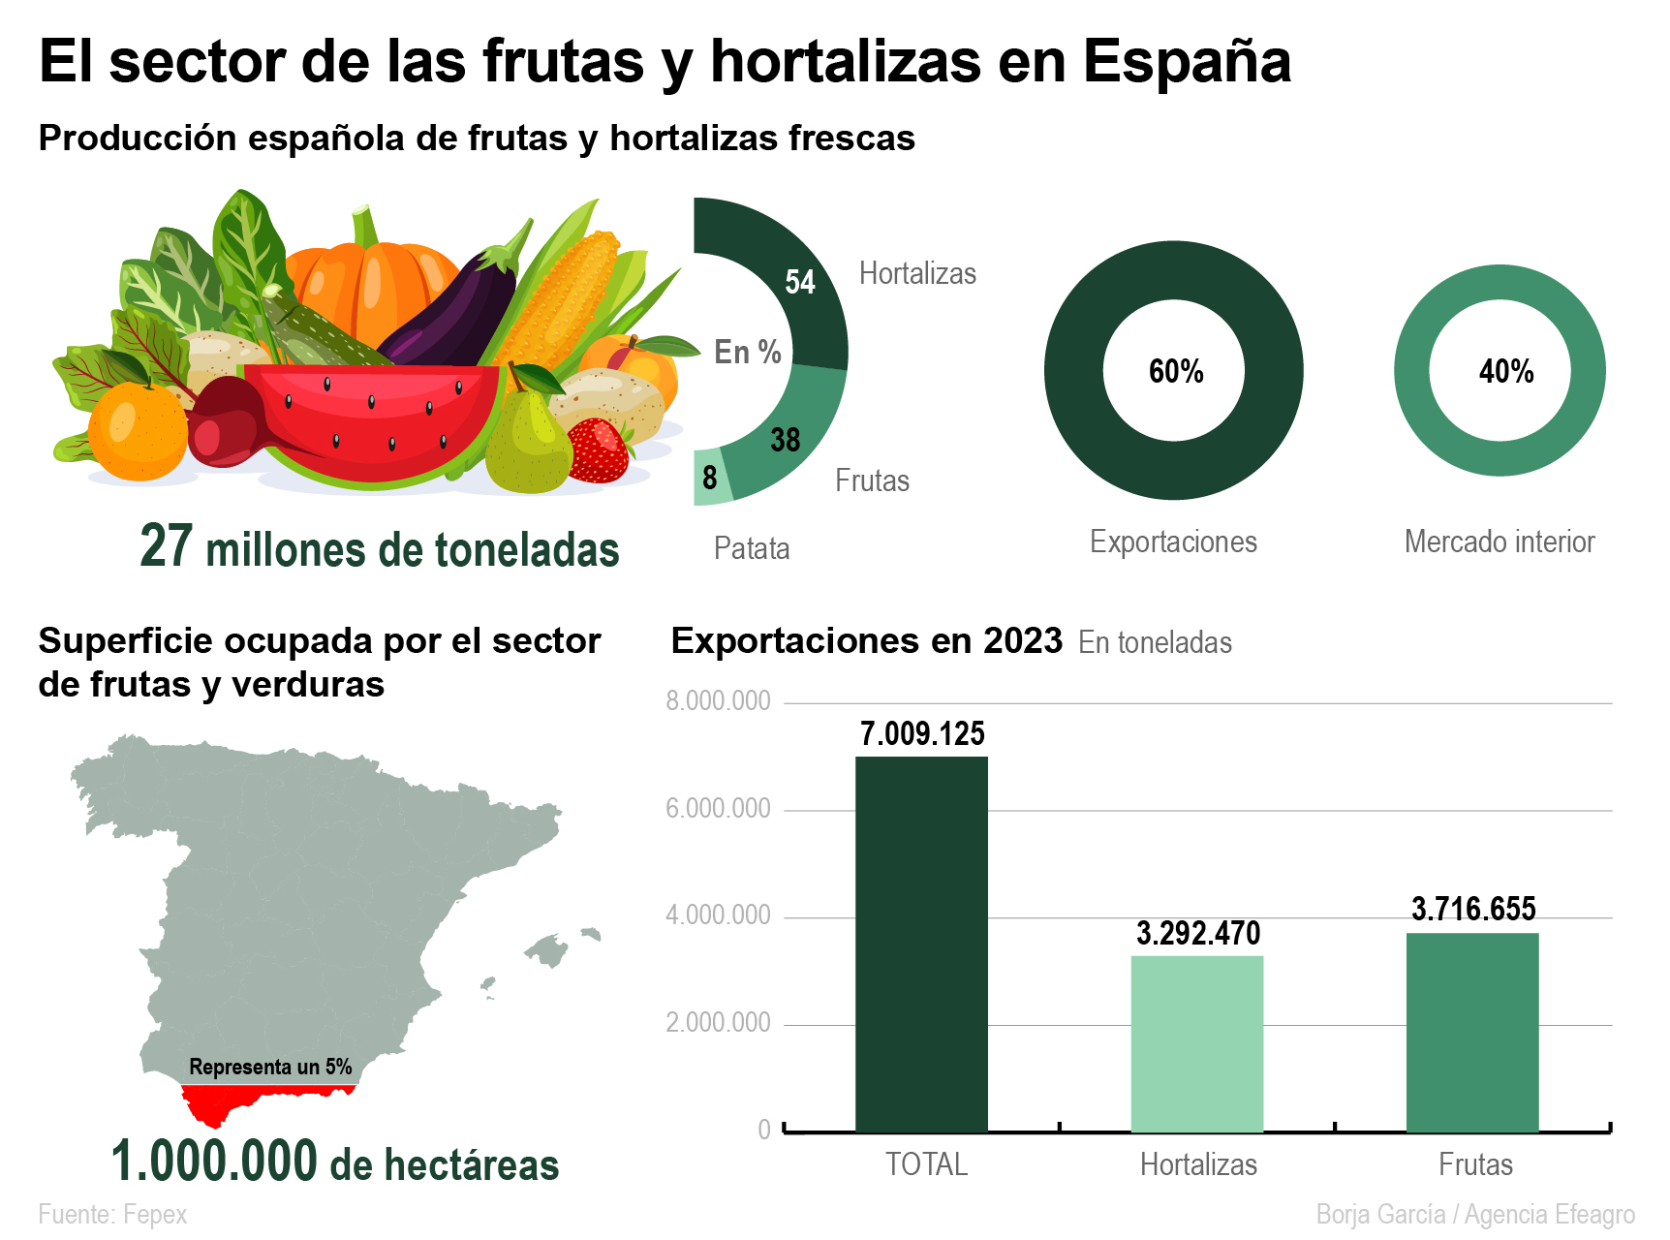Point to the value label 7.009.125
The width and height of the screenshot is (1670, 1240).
click(x=922, y=734)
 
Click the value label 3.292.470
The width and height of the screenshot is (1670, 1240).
click(x=1198, y=934)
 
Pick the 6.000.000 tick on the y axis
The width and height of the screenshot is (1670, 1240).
click(x=718, y=809)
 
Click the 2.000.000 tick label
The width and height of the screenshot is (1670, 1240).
click(x=718, y=1023)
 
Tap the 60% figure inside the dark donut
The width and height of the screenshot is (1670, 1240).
click(x=1176, y=371)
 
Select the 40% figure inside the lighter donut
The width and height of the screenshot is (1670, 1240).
click(x=1506, y=371)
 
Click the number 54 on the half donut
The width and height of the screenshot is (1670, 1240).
click(x=800, y=282)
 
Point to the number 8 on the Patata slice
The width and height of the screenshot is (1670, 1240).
click(x=710, y=478)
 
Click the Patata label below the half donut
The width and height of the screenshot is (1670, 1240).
click(x=752, y=549)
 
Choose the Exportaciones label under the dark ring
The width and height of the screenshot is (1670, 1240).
click(x=1173, y=542)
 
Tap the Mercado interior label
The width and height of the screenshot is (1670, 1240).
click(x=1500, y=542)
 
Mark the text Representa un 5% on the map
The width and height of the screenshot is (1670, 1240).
click(x=270, y=1068)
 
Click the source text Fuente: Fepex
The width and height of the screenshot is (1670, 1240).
click(x=112, y=1215)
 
